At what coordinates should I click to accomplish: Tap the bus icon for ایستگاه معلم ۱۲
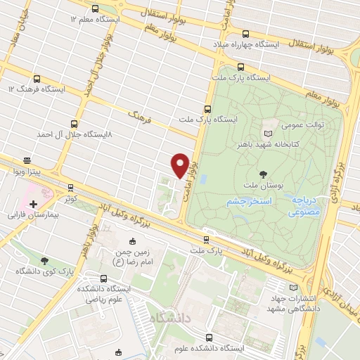(x=96, y=8)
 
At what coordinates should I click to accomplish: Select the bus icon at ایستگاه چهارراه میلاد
(x=245, y=34)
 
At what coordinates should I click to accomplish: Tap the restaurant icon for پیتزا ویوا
(x=27, y=161)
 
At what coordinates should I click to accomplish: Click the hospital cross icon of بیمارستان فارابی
(x=33, y=203)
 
